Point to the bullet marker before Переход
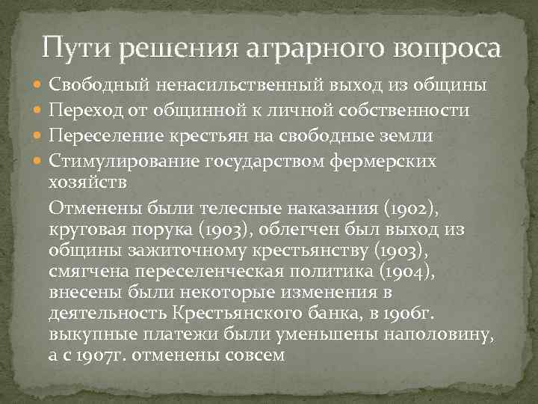point(39,111)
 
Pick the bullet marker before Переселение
point(39,135)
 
